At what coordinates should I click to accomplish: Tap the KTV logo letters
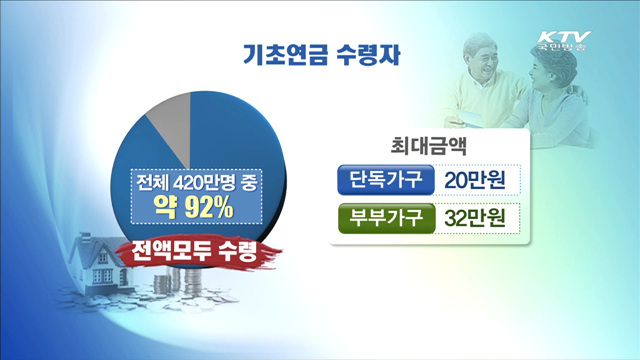[562, 28]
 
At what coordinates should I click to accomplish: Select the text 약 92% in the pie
[199, 209]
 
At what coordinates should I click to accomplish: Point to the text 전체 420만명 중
[200, 185]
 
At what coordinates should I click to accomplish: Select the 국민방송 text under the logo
[562, 45]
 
